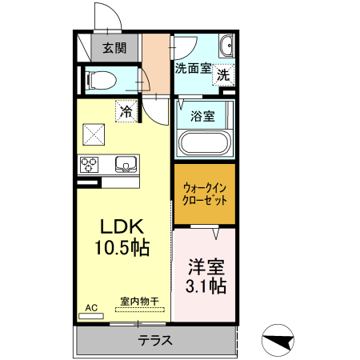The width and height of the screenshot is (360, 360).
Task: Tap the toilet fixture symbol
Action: pyautogui.click(x=101, y=79)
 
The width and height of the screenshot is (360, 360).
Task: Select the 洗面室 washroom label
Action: pyautogui.click(x=193, y=69)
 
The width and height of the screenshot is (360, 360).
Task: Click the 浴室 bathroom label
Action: pyautogui.click(x=202, y=117)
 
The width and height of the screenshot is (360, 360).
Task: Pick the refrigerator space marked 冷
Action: pyautogui.click(x=126, y=111)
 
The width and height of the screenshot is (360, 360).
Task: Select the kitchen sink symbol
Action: pyautogui.click(x=126, y=166)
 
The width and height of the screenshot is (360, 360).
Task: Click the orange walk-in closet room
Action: pyautogui.click(x=205, y=193)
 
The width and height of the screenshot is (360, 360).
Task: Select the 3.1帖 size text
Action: pyautogui.click(x=206, y=286)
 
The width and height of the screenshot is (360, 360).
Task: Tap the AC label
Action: pyautogui.click(x=91, y=307)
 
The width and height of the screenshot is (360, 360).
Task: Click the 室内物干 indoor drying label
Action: pyautogui.click(x=139, y=301)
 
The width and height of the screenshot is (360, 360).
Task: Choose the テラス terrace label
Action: pyautogui.click(x=155, y=339)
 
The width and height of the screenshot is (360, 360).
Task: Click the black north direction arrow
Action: pyautogui.click(x=279, y=339)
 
